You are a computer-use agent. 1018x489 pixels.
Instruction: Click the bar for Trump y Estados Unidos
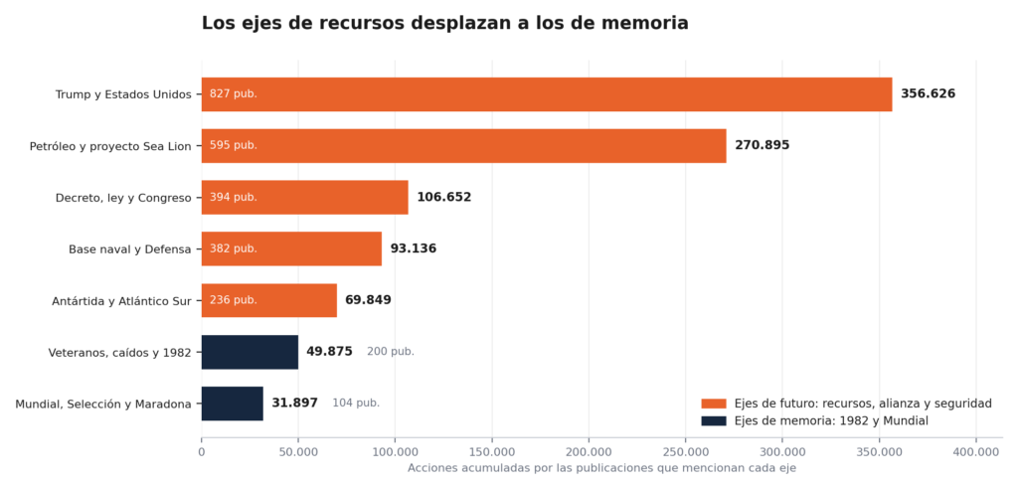[547, 94]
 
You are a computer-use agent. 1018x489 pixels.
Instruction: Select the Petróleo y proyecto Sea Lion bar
[463, 145]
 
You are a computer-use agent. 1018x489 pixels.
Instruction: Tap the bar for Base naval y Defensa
[291, 248]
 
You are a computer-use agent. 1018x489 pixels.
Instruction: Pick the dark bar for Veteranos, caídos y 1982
[250, 352]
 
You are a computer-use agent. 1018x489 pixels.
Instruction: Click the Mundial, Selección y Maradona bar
[233, 404]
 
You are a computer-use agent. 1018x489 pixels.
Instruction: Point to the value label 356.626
[928, 93]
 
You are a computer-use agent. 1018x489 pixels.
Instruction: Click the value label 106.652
[444, 197]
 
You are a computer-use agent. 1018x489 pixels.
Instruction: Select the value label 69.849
[368, 300]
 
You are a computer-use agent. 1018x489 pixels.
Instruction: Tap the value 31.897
[294, 404]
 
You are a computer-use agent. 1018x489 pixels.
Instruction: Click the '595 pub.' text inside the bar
[233, 145]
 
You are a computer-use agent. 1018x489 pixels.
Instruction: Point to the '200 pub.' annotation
[390, 352]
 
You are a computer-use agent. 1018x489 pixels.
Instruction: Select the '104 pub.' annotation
[356, 404]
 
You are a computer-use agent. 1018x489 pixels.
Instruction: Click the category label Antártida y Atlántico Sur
[121, 301]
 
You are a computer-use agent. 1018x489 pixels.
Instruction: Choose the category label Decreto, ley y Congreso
[123, 198]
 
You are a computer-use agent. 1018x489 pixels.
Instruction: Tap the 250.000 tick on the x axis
[686, 451]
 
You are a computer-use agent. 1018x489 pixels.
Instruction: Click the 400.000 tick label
[976, 451]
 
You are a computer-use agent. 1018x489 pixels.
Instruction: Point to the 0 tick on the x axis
[201, 451]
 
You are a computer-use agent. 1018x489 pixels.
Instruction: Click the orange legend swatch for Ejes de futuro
[714, 404]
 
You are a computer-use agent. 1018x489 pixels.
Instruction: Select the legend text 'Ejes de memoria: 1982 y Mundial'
[832, 420]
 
